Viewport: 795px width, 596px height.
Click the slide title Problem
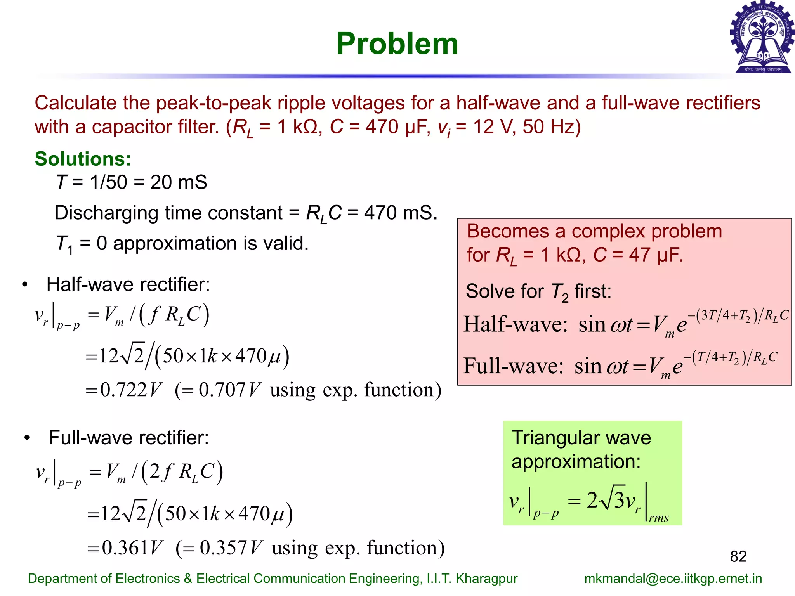point(397,43)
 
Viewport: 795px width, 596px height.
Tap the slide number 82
point(738,556)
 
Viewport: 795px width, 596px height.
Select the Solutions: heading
point(83,159)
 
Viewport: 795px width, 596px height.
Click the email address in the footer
point(673,579)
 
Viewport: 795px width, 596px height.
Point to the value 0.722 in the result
point(123,390)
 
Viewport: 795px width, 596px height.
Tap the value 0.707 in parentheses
point(222,390)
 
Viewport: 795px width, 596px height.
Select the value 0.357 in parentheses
point(224,547)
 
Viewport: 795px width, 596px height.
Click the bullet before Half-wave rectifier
point(25,285)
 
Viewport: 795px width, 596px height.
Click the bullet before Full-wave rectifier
point(27,438)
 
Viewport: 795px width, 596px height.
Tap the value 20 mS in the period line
point(179,182)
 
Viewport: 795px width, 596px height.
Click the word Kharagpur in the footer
point(486,579)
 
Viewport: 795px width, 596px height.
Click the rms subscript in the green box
point(659,518)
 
